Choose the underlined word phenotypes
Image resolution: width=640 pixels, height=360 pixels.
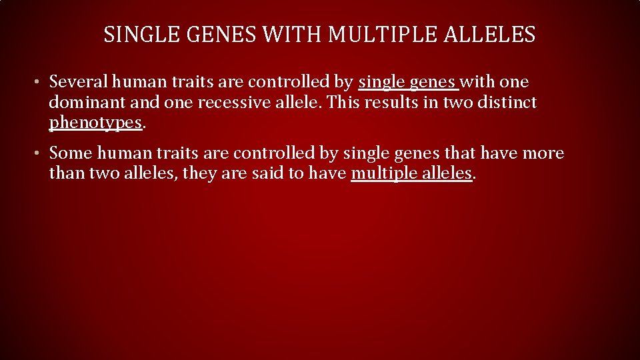pos(95,124)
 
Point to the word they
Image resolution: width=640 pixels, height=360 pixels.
pos(193,175)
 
